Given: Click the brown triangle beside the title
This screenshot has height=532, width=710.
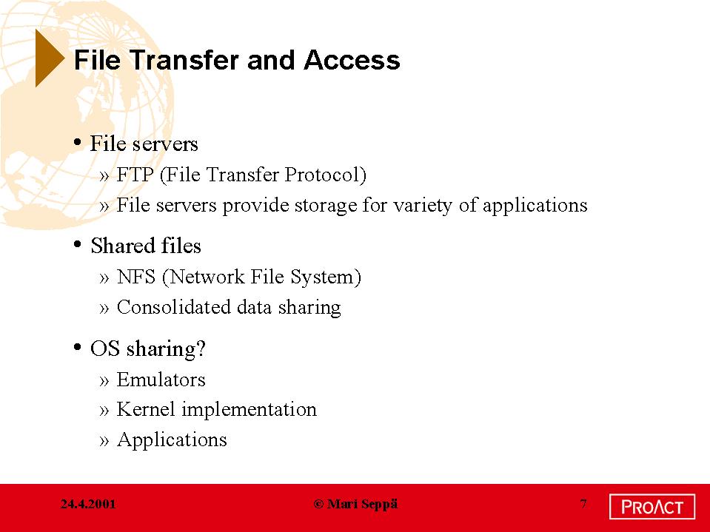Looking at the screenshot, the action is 48,58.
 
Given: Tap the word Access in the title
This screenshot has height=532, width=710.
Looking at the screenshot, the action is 352,60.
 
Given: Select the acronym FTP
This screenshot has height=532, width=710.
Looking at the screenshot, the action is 135,175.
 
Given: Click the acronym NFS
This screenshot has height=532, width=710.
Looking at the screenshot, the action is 135,277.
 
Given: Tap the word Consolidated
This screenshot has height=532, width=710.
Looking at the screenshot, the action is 174,307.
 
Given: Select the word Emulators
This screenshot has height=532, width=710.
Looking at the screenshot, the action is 161,380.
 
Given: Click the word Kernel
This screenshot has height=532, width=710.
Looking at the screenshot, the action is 146,409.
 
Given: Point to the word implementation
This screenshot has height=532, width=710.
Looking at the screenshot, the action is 249,410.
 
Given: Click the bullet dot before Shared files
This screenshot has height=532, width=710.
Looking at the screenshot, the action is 78,245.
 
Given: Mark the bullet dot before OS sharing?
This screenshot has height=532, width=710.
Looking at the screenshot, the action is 78,348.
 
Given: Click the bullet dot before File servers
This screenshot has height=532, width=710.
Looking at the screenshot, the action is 78,143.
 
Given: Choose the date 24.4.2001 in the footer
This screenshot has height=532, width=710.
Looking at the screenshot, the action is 88,504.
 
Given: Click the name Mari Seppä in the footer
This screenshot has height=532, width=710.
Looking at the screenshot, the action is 362,504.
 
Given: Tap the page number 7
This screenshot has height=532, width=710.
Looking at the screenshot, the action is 583,503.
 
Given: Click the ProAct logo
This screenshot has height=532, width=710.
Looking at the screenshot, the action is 652,507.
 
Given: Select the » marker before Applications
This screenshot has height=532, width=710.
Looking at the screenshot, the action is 104,440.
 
